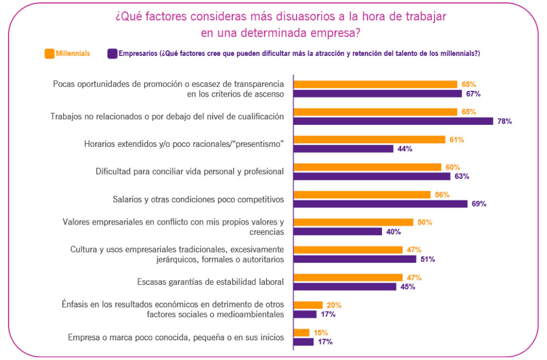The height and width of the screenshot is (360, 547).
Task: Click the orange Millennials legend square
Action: click(x=50, y=53)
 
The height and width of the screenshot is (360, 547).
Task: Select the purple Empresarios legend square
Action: click(x=112, y=53)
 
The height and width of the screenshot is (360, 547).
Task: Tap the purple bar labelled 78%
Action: click(x=393, y=121)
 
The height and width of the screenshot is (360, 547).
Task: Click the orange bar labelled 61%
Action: click(x=369, y=140)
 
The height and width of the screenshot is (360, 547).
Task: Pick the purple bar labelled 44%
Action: click(x=343, y=149)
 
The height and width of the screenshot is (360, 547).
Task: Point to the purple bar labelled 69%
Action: click(x=380, y=204)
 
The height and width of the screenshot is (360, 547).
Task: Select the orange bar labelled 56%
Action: click(x=362, y=194)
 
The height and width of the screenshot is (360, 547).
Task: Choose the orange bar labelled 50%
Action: click(x=353, y=222)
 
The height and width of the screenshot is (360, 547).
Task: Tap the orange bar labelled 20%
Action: click(x=308, y=305)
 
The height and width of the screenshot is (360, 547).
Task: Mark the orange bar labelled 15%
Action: click(x=301, y=332)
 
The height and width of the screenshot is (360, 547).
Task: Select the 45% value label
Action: click(x=408, y=287)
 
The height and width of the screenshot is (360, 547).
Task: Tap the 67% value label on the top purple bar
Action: click(x=473, y=94)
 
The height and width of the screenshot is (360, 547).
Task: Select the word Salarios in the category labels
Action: click(x=127, y=199)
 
